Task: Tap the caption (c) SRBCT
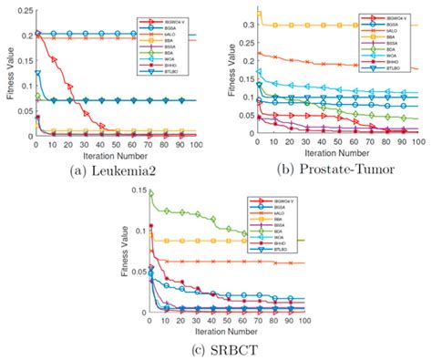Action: [x=217, y=347]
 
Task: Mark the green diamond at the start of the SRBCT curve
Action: [x=150, y=193]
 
